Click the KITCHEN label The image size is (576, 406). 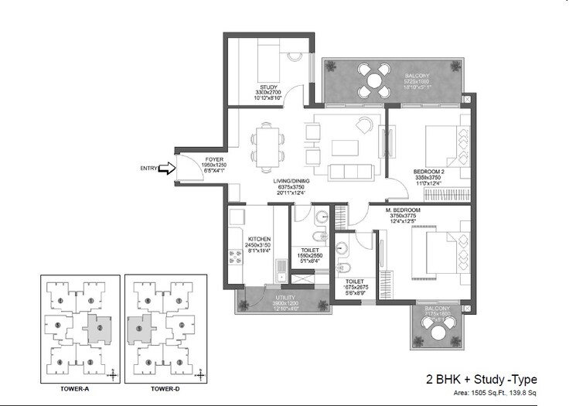coord(259,239)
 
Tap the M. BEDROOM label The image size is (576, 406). coord(403,210)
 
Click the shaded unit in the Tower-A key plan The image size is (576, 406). coord(99,328)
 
